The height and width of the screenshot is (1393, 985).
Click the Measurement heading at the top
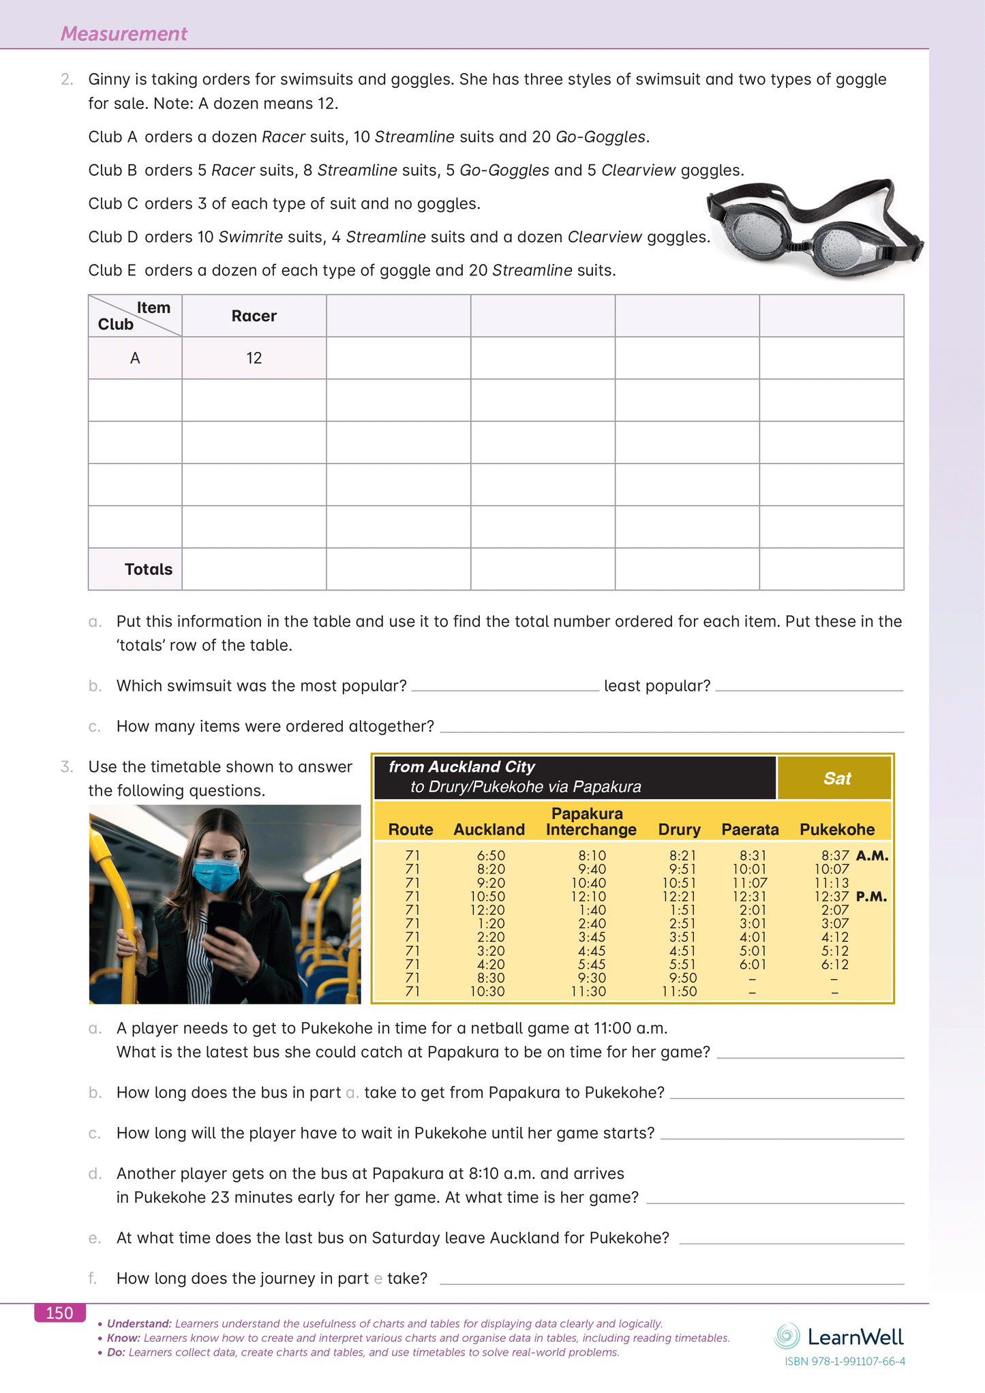[123, 33]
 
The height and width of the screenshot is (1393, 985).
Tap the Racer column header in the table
[254, 316]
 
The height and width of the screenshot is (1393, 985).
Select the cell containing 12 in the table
[254, 358]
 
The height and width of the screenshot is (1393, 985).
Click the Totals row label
[148, 569]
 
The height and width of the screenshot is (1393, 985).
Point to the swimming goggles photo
[815, 228]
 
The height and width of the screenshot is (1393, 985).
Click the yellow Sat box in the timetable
[836, 778]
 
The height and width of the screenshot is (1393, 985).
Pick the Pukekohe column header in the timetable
[836, 829]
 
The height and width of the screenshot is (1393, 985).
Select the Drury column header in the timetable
[679, 829]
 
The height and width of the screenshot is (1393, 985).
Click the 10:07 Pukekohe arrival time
[832, 869]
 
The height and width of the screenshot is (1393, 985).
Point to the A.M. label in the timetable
[872, 856]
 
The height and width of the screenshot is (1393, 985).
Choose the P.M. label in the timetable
[871, 897]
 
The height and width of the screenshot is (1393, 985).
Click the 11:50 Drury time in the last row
[679, 991]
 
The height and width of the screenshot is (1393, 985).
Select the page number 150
[59, 1313]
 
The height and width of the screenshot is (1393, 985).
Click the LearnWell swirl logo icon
[787, 1336]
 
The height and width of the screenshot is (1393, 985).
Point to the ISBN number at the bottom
[845, 1362]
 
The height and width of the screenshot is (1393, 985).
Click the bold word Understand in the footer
[138, 1323]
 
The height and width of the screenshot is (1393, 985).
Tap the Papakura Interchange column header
[590, 822]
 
